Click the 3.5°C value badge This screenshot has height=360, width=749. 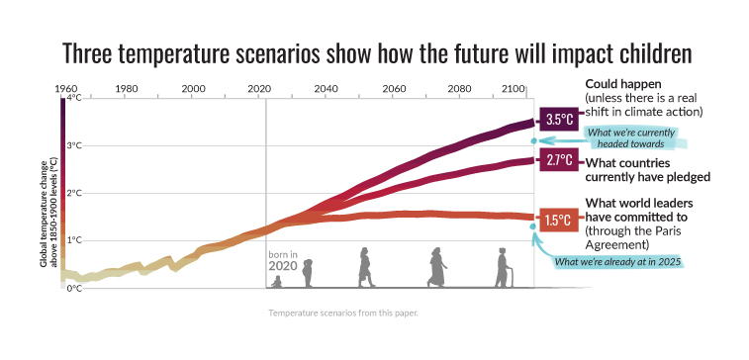click(559, 120)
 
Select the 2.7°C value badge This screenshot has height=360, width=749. click(559, 160)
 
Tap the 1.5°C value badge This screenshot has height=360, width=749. click(559, 219)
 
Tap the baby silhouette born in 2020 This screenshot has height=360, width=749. click(277, 282)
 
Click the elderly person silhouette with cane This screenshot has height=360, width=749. click(503, 268)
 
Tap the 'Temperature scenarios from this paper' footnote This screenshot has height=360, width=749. click(341, 313)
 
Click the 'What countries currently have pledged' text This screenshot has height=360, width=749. click(648, 169)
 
